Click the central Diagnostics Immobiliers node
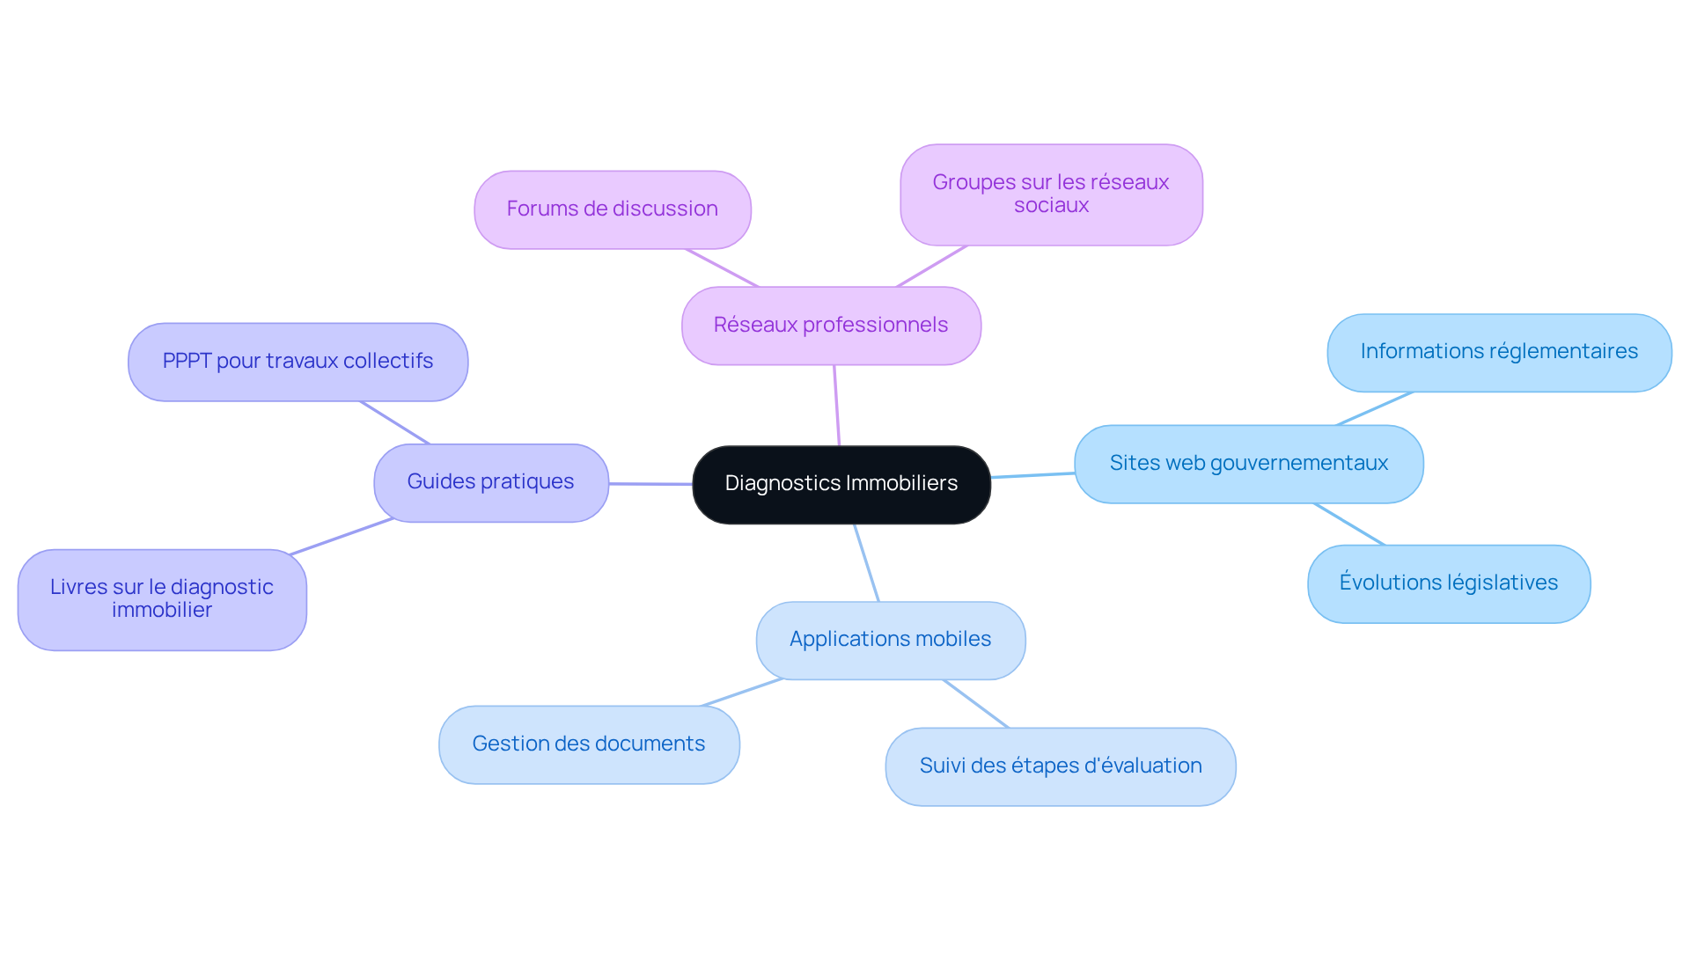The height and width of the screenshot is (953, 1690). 841,484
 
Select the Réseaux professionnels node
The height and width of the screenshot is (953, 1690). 831,326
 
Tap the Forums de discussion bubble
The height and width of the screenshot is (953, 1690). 612,209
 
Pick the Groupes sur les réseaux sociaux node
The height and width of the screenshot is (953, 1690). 1051,194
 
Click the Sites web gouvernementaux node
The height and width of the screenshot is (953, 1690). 1248,464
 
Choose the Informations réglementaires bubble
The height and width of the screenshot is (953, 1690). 1498,352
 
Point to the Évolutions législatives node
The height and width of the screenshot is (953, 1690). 1448,583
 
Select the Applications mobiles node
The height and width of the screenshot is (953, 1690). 890,640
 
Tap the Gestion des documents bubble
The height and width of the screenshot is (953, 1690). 588,744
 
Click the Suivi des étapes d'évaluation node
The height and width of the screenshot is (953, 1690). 1060,766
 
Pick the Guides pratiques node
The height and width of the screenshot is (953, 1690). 490,482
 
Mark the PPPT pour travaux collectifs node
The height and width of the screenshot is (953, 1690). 298,362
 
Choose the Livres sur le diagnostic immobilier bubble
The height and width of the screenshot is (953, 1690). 162,599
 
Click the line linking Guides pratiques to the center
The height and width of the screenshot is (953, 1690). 650,483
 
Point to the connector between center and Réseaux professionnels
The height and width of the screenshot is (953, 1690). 836,405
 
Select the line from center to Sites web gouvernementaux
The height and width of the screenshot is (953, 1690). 1032,475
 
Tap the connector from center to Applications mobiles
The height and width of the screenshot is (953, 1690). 866,563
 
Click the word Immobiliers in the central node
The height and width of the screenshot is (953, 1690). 901,483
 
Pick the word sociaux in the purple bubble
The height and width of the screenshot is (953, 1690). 1051,206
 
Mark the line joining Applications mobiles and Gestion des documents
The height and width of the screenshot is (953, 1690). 741,693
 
